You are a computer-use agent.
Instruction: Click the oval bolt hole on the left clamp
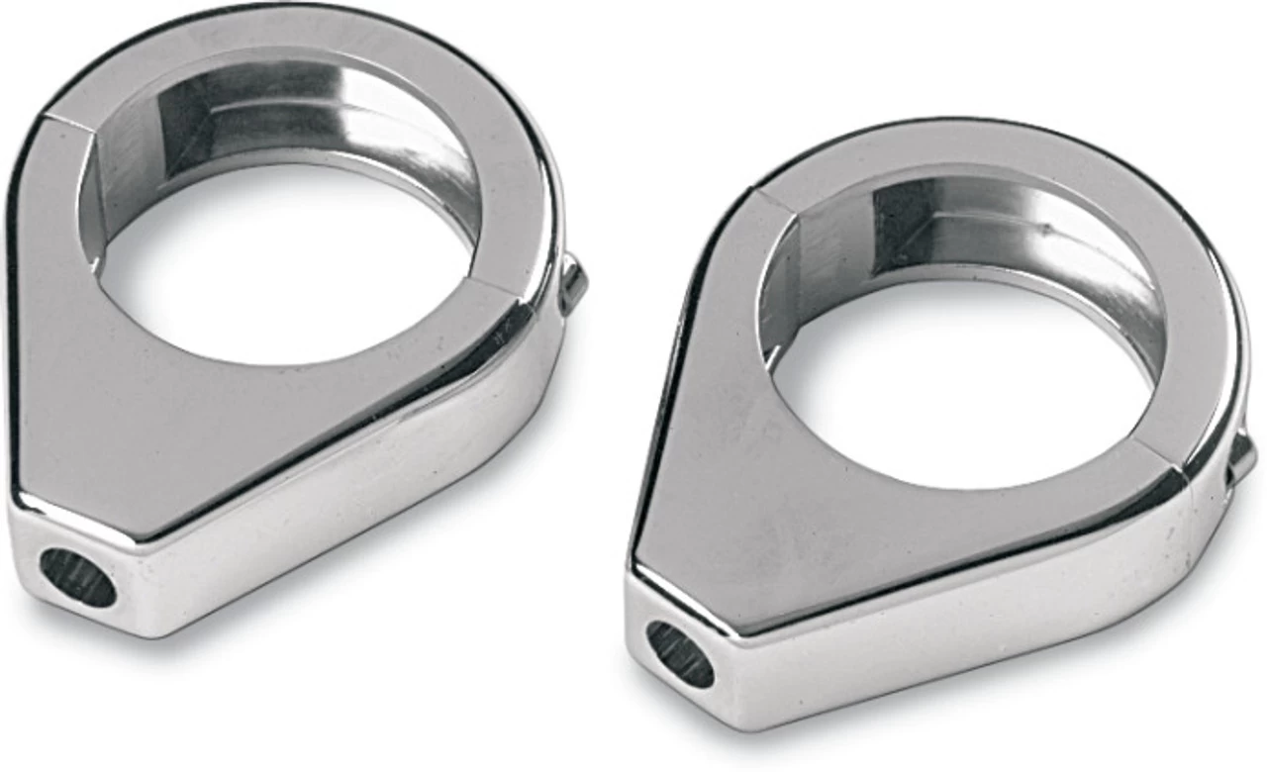tap(77, 578)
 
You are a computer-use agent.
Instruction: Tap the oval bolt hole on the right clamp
tap(680, 654)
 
